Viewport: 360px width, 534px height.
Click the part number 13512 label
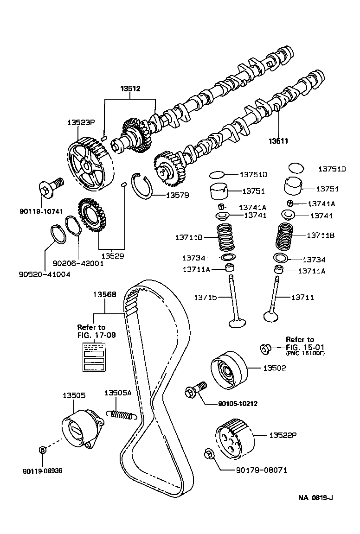click(x=130, y=88)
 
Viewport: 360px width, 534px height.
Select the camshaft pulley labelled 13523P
click(x=88, y=165)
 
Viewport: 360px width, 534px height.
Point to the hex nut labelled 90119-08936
click(x=42, y=449)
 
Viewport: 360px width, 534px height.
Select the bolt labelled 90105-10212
click(x=195, y=392)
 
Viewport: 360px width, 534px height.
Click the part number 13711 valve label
click(x=303, y=297)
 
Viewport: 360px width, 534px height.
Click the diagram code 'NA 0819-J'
click(x=316, y=498)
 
